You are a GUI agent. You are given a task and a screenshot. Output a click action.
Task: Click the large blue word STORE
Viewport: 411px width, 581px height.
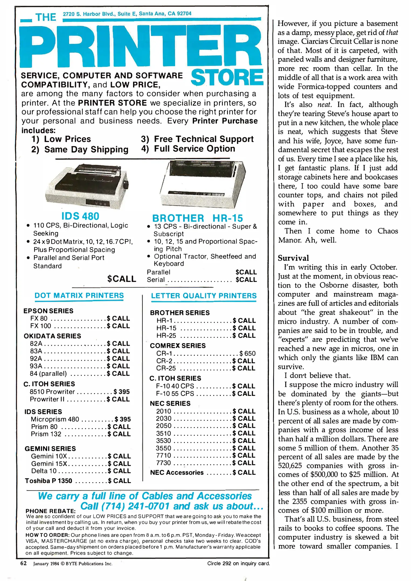(227, 77)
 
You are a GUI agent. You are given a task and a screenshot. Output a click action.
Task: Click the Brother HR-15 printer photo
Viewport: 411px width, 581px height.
(203, 184)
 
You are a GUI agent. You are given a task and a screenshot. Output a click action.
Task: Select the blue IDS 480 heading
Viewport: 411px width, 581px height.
(80, 216)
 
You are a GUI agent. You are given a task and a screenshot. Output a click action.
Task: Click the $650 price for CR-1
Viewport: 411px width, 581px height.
(248, 353)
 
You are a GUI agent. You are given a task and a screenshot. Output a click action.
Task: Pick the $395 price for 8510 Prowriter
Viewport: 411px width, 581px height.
(121, 392)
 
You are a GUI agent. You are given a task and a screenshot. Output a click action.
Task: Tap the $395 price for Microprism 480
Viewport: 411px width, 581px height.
(123, 419)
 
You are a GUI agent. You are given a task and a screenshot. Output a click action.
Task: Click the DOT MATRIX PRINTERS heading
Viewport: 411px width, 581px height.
(79, 295)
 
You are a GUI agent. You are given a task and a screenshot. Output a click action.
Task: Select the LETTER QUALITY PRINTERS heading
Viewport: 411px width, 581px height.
(204, 296)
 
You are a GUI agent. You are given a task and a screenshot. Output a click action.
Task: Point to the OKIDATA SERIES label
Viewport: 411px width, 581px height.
(52, 336)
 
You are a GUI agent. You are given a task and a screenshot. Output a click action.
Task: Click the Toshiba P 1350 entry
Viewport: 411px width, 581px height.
(49, 481)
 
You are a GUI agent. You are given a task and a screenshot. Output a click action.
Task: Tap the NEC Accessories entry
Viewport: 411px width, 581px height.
(177, 473)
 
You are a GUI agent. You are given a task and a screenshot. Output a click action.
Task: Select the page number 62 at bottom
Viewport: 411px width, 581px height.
(23, 563)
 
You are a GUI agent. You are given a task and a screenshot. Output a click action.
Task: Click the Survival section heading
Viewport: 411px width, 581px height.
(293, 258)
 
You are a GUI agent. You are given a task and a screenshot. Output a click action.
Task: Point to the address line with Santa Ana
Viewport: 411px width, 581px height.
(127, 14)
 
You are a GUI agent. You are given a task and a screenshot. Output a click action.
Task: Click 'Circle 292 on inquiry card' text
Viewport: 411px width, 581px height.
(238, 563)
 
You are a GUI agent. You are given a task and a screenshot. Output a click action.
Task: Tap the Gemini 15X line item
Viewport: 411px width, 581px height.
(49, 463)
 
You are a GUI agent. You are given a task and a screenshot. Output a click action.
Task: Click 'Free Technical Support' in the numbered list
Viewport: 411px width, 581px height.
(204, 139)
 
